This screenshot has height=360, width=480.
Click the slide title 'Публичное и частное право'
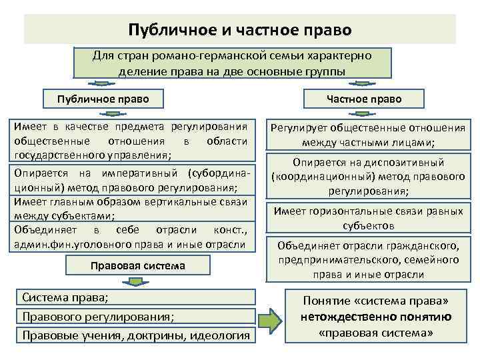tap(240, 30)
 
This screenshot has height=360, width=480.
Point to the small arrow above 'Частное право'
tap(365, 84)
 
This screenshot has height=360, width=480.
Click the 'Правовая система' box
tap(137, 266)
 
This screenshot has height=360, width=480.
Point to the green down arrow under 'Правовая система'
tap(137, 282)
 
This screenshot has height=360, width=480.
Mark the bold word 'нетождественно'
tap(347, 316)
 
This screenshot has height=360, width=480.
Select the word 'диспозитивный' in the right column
tap(410, 163)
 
